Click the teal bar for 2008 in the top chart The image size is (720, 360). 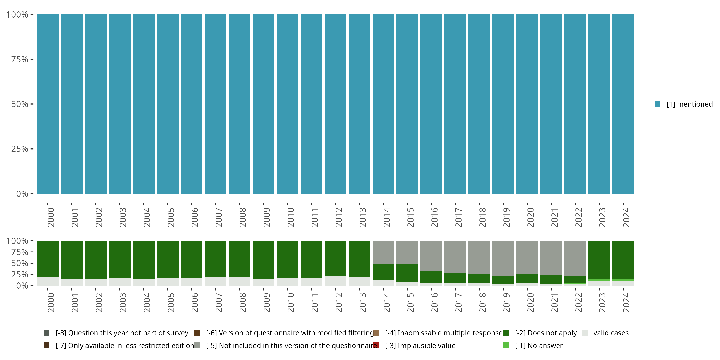(239, 104)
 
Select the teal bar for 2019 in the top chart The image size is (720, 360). (503, 104)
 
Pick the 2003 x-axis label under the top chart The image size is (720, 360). (123, 217)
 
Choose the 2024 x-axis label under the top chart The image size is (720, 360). (626, 217)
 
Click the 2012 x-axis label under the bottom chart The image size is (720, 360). (338, 302)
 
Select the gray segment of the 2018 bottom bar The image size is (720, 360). (479, 257)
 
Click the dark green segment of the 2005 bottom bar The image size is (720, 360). (168, 259)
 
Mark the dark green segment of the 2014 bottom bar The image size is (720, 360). (383, 272)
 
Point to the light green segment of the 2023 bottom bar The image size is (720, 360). (599, 280)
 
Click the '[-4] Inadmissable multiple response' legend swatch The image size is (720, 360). (376, 333)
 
